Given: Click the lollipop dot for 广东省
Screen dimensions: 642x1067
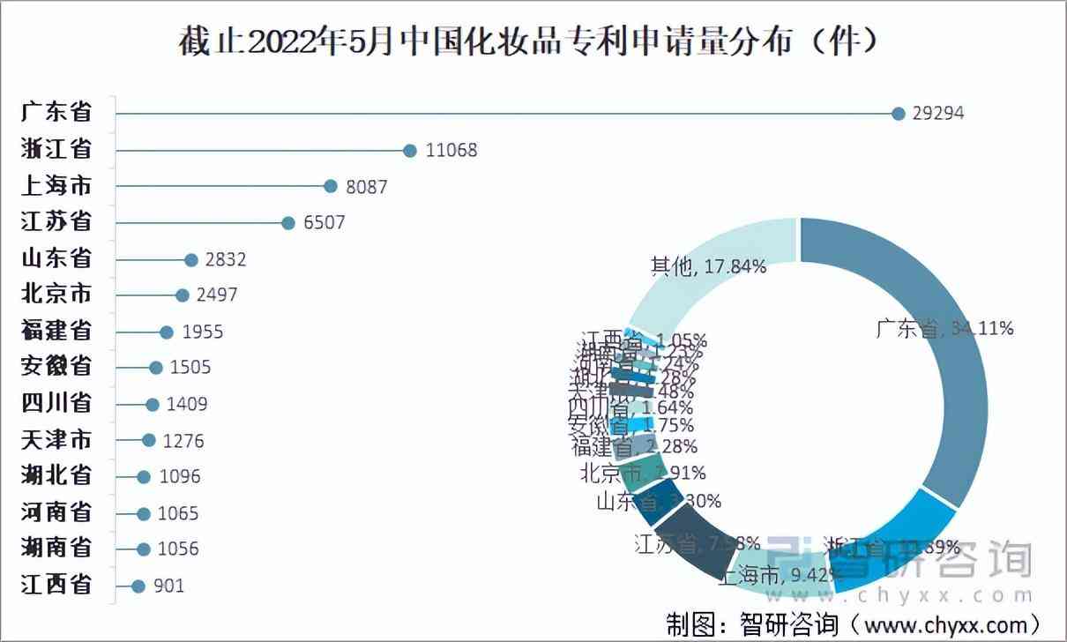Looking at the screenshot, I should click(x=899, y=113).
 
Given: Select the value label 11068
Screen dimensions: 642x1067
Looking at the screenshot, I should click(x=451, y=150).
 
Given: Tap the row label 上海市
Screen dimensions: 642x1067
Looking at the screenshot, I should click(x=56, y=185).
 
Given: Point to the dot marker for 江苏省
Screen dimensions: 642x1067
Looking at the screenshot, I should click(x=288, y=223).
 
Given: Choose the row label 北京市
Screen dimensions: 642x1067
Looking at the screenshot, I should click(x=56, y=295).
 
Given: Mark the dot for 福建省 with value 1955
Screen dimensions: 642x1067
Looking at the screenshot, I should click(x=167, y=332).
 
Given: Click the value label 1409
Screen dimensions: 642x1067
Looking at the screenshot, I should click(x=189, y=405).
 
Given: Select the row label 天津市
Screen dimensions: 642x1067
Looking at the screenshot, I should click(x=56, y=440).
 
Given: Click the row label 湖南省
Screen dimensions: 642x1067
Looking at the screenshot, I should click(x=56, y=549).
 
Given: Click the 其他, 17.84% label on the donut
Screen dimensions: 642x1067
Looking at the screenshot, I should click(x=708, y=266).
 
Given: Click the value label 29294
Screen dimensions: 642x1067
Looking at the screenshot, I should click(x=939, y=113).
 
